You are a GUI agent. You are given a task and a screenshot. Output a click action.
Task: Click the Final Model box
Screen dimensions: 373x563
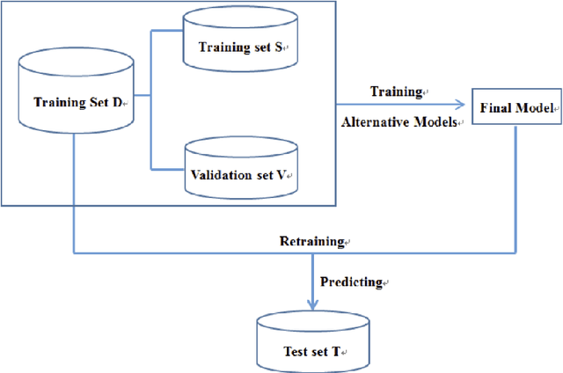click(x=515, y=107)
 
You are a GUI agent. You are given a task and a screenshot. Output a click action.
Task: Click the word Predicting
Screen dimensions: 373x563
click(x=350, y=282)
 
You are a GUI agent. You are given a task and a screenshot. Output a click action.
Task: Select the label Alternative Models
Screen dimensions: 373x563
click(x=399, y=123)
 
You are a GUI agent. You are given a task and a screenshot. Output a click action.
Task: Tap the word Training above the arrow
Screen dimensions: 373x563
click(x=395, y=91)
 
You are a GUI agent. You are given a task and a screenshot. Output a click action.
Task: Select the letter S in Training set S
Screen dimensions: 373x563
click(x=277, y=48)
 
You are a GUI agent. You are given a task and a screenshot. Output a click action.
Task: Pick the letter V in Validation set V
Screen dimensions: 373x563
click(x=281, y=175)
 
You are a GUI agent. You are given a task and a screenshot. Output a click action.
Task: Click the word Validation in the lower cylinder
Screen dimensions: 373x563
click(x=217, y=175)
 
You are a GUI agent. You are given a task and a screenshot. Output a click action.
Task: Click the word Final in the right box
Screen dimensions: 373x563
click(x=495, y=108)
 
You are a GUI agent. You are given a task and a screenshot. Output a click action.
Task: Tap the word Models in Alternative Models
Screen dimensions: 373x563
click(x=436, y=123)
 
